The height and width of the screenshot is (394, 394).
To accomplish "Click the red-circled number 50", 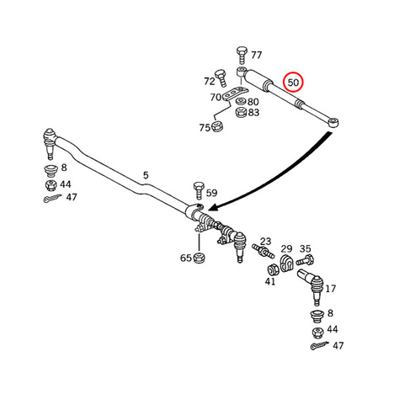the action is coord(293,83).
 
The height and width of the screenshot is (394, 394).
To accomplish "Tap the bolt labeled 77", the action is coord(241,56).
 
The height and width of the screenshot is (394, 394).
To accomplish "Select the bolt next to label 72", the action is coord(221,78).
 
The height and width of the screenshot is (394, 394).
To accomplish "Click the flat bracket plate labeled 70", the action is coord(235,93).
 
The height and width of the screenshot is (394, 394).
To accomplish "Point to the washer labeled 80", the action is coord(241,101).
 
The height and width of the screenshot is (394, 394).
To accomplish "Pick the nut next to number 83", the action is coord(241,113).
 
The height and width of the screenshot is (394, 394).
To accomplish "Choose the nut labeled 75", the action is coord(217,126).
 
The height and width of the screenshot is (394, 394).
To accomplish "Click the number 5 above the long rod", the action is coord(146,175).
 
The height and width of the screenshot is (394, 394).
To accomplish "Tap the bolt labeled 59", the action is coord(199,190).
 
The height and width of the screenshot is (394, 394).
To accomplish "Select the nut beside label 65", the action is coord(200,258).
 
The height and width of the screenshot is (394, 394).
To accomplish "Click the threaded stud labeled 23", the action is coord(263,251).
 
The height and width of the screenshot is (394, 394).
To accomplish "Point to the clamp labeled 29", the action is coord(286,264).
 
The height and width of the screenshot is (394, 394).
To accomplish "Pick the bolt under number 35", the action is coord(305,260).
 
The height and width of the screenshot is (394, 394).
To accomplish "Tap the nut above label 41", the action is coord(272,270).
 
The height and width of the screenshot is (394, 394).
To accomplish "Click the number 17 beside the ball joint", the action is coord(330,289).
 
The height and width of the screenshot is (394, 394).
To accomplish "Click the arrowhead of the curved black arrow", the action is coord(213,207).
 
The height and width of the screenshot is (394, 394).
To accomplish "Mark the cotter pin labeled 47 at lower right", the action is coord(320,345).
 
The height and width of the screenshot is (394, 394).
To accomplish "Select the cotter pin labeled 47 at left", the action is coord(53,198).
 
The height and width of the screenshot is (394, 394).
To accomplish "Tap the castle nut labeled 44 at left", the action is coord(51,185).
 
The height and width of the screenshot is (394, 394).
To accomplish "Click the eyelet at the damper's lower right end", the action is coord(333,122).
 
